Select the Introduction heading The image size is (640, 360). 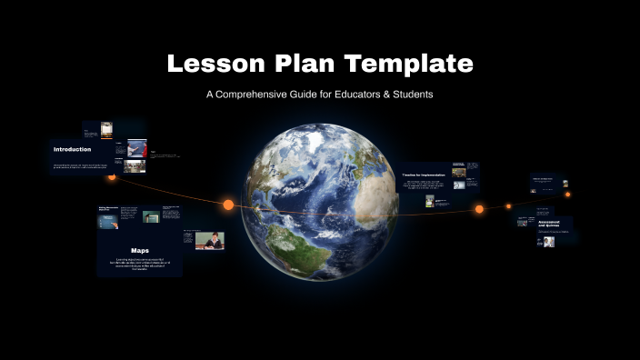pos(73,149)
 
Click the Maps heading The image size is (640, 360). pos(139,250)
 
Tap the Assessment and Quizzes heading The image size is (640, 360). pos(548,224)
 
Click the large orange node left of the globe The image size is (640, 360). pos(228,205)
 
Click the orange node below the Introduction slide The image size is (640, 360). pos(112,177)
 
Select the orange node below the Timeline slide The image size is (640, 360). pos(479,209)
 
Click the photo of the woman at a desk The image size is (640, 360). pos(209,241)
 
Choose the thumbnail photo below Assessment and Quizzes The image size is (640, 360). pos(549,243)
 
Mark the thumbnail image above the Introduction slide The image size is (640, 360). pos(106,128)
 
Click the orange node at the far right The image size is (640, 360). pos(567,194)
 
